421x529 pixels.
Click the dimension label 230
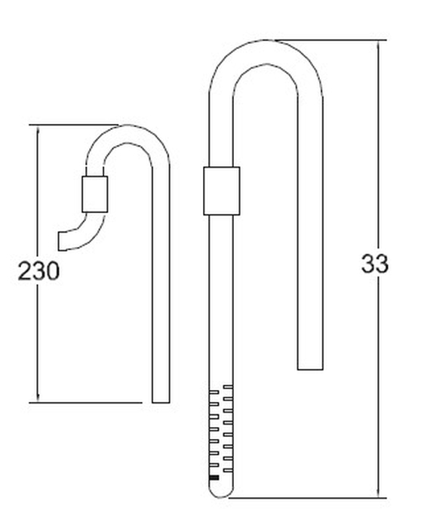coord(38,271)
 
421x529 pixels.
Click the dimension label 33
coord(374,264)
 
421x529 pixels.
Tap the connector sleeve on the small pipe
coord(94,193)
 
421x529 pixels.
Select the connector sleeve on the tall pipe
coord(221,192)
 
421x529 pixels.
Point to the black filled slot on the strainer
coord(214,478)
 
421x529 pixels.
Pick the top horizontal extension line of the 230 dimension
coord(75,125)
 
